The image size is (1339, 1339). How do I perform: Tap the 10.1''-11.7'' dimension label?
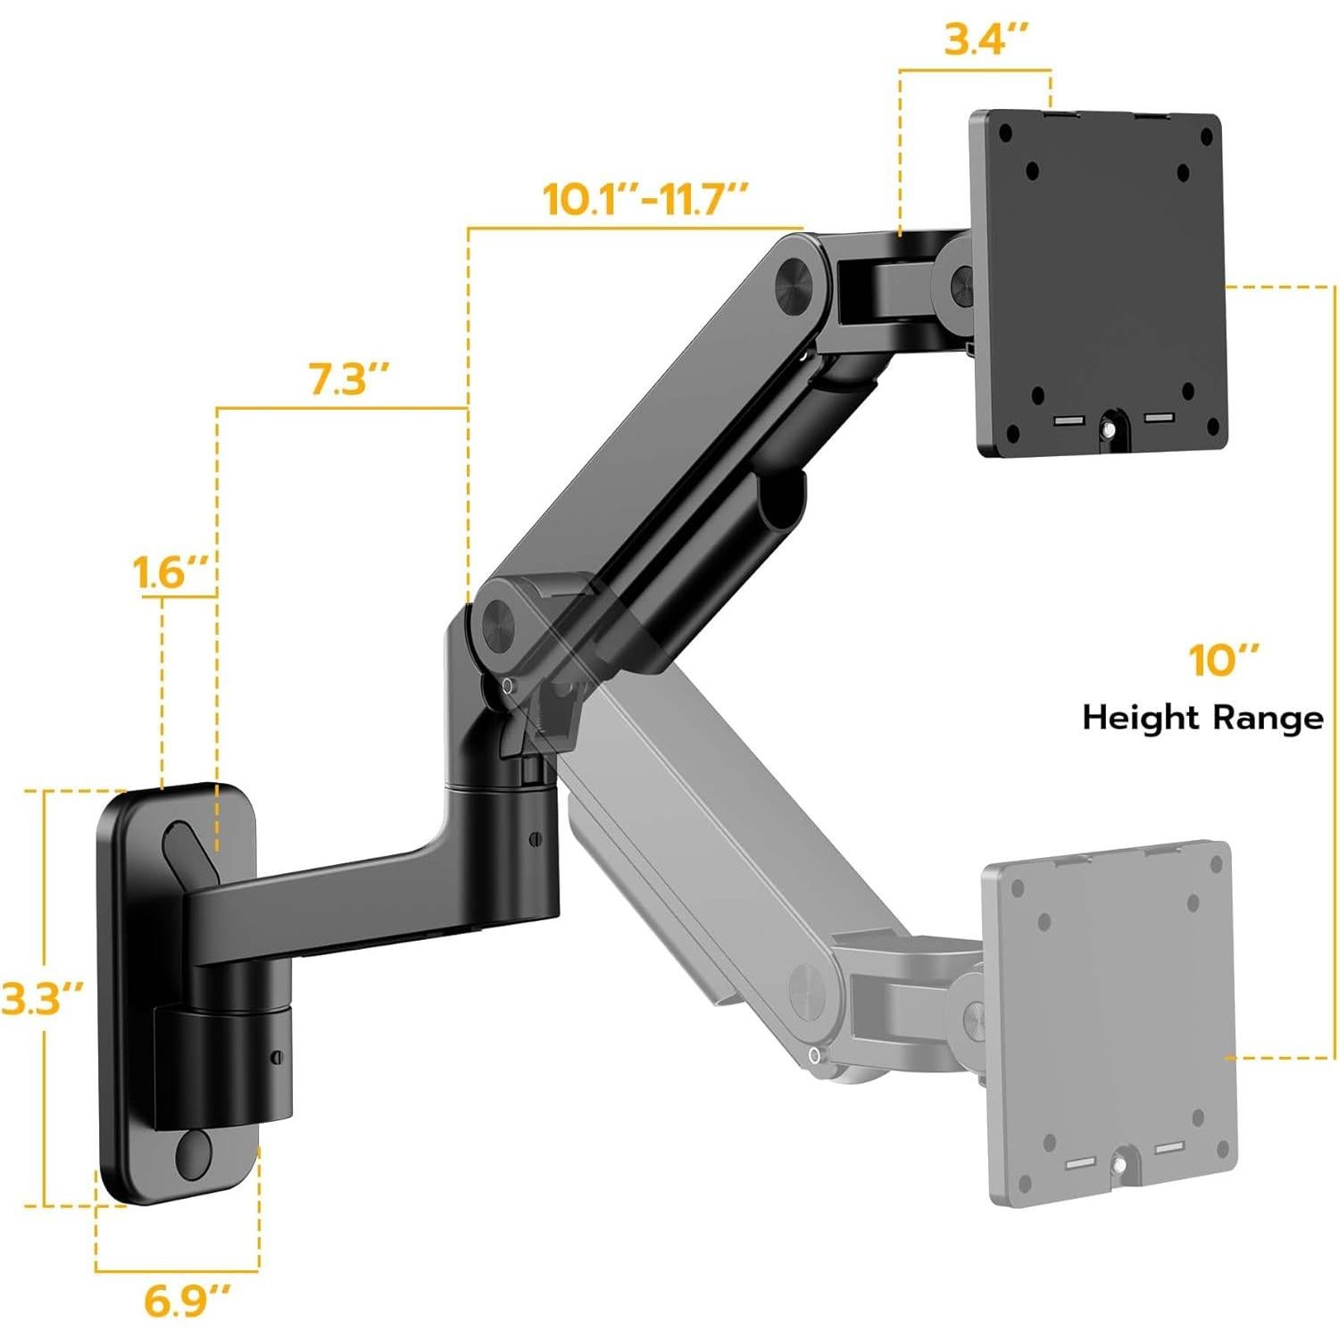[645, 198]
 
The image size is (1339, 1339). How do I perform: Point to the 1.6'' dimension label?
[171, 572]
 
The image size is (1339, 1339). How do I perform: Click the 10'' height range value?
[1222, 661]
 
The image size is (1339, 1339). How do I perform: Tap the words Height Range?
[1202, 717]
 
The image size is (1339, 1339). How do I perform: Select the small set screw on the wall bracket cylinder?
[277, 1057]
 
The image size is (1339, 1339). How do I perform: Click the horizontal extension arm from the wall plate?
[357, 902]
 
